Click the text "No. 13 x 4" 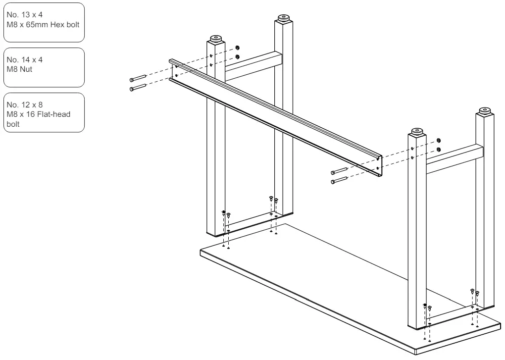click(x=24, y=15)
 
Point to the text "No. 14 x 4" click(x=24, y=60)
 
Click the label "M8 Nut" click(x=19, y=69)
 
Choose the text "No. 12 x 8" click(x=24, y=105)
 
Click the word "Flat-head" click(x=54, y=114)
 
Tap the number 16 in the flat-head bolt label click(x=30, y=114)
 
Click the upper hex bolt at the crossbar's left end click(x=138, y=78)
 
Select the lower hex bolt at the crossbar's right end click(x=339, y=180)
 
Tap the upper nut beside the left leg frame click(x=237, y=48)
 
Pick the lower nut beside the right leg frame click(x=438, y=150)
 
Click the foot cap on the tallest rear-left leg click(x=283, y=18)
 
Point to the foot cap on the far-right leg click(x=485, y=111)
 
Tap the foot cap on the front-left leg click(x=216, y=39)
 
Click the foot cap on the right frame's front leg click(x=417, y=132)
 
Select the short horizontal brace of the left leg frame click(x=253, y=66)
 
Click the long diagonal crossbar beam click(x=276, y=117)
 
